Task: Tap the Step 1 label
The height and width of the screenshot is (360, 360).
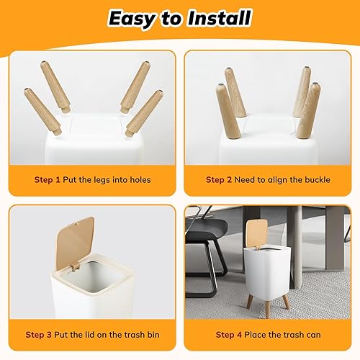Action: (x=48, y=179)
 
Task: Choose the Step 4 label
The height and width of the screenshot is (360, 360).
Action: (x=230, y=335)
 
